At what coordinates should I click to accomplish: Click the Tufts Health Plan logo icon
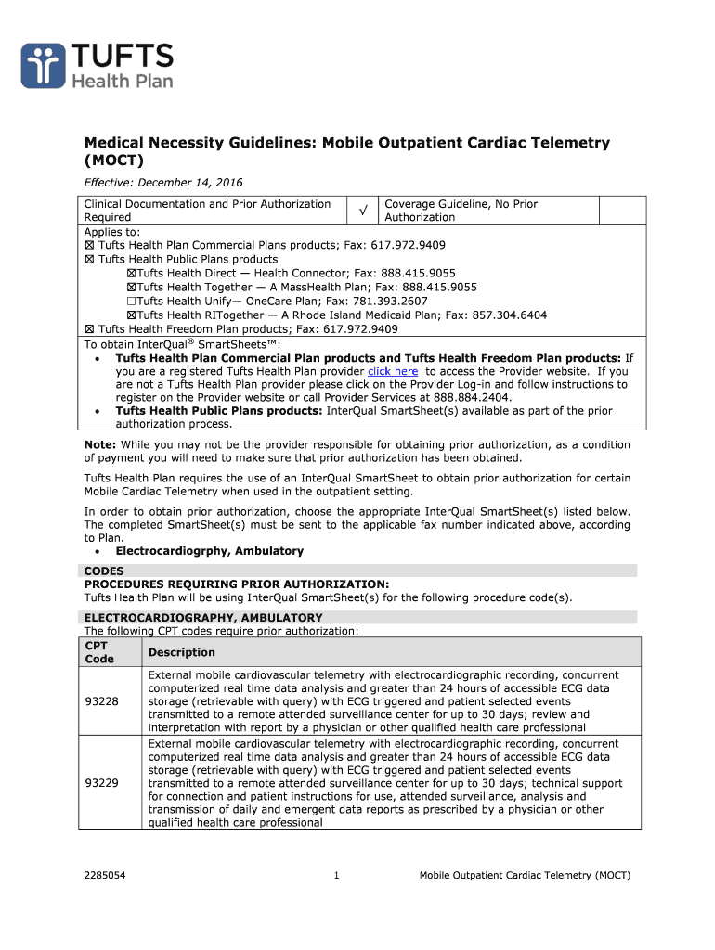[44, 64]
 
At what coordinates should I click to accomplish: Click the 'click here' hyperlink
[393, 371]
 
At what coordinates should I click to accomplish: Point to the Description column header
[181, 652]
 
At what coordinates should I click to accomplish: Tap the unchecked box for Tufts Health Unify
[131, 302]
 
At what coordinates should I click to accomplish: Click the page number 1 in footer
[335, 875]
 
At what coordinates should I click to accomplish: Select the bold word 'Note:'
[100, 444]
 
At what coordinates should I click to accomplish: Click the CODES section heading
[104, 571]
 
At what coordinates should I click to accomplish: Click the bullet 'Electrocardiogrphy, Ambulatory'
[209, 551]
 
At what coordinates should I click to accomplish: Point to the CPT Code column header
[99, 652]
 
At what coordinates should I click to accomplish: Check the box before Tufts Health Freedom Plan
[89, 329]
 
